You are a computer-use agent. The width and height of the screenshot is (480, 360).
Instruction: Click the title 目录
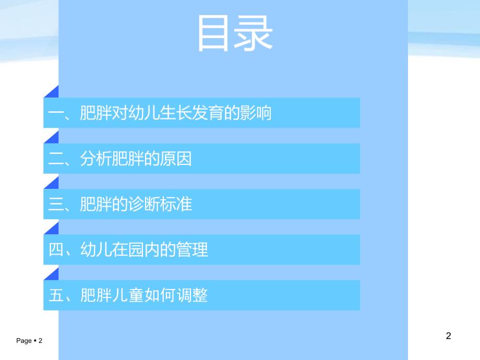click(x=235, y=34)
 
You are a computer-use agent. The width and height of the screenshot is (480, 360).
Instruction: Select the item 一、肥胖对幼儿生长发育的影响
click(x=160, y=113)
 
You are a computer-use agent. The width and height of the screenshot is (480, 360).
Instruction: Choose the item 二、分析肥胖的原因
click(x=120, y=159)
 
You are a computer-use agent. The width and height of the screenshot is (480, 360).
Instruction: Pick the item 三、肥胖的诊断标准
click(x=120, y=204)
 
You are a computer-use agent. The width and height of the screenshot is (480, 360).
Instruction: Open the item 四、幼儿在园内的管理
click(x=128, y=249)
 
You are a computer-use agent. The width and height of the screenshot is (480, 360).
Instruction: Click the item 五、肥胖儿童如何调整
click(x=128, y=295)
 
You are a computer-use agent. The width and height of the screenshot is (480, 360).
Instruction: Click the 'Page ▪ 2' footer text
click(x=29, y=341)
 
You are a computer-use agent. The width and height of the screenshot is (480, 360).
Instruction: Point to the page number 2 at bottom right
click(x=448, y=336)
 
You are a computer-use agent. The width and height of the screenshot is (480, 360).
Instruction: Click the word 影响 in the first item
click(x=256, y=113)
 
